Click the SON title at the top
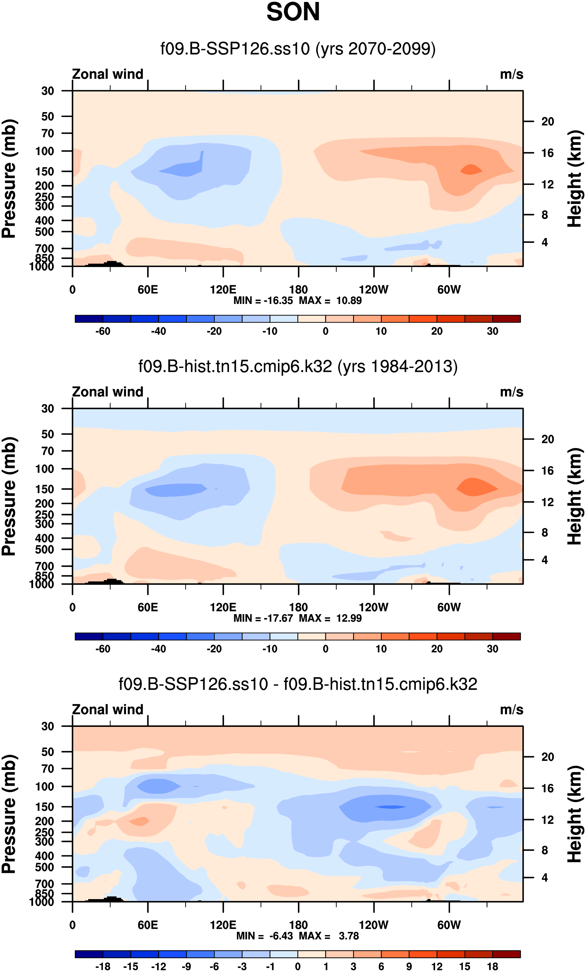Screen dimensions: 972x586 pos(293,12)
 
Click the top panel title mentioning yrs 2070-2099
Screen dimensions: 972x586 pos(298,49)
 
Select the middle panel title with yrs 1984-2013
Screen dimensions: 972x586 pos(298,366)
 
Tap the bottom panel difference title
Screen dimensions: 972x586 pos(298,684)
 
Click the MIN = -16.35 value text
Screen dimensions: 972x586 pos(263,301)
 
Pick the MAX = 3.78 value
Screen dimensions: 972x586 pos(329,936)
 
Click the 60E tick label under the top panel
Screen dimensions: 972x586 pos(148,290)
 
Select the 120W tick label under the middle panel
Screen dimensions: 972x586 pos(373,608)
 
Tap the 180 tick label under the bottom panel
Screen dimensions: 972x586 pos(298,925)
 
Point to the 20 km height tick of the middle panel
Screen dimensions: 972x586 pos(547,439)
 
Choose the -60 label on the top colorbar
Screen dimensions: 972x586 pos(103,331)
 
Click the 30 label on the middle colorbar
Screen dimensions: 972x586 pos(492,649)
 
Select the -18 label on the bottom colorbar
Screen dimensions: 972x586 pos(103,966)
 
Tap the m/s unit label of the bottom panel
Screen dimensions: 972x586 pos(512,710)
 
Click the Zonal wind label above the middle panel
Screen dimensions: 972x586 pos(108,392)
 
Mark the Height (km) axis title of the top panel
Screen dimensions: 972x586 pos(575,178)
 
